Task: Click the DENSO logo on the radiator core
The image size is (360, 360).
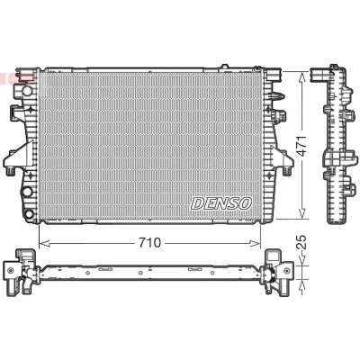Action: click(221, 203)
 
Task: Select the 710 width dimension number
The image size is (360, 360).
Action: click(149, 243)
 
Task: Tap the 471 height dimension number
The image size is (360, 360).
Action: click(302, 146)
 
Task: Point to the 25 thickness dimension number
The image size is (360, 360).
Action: click(302, 242)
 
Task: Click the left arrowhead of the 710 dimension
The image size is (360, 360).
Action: click(44, 243)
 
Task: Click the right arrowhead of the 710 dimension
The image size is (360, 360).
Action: click(256, 243)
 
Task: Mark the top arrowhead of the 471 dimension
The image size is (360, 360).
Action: click(302, 77)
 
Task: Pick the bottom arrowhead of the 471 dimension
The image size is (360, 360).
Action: click(302, 213)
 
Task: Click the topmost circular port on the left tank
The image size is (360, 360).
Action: click(27, 90)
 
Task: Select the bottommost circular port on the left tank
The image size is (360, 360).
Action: click(29, 214)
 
